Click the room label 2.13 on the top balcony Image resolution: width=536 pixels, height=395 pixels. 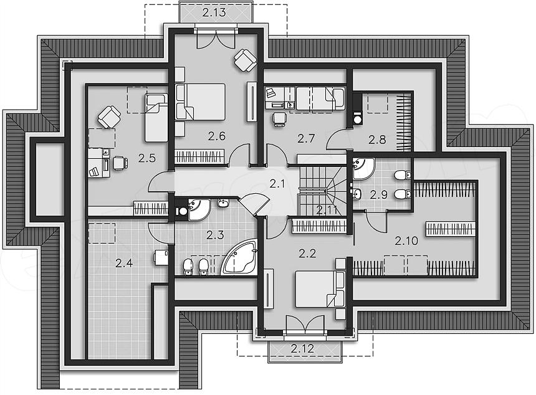pos(214,12)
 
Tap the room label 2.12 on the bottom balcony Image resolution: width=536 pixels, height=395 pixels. pos(302,348)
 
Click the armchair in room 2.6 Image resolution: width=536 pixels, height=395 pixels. pos(245,60)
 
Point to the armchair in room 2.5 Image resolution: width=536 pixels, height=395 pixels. pos(110,117)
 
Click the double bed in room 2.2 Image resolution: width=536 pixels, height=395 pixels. pos(320,289)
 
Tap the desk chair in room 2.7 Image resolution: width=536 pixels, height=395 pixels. pos(280,120)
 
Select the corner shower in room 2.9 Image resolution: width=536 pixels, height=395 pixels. pos(363,168)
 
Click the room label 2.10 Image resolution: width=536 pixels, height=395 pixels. pos(406,241)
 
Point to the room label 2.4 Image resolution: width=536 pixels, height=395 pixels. pos(124,263)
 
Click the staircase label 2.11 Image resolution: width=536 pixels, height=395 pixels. pos(327,210)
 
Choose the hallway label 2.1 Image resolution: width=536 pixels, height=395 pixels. pos(277,184)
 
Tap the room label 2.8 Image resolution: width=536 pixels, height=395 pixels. pos(378,140)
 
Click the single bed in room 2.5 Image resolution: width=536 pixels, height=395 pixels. pos(156,118)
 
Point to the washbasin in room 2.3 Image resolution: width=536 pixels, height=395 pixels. pos(223,203)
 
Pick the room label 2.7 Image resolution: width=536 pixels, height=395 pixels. pos(305,138)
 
